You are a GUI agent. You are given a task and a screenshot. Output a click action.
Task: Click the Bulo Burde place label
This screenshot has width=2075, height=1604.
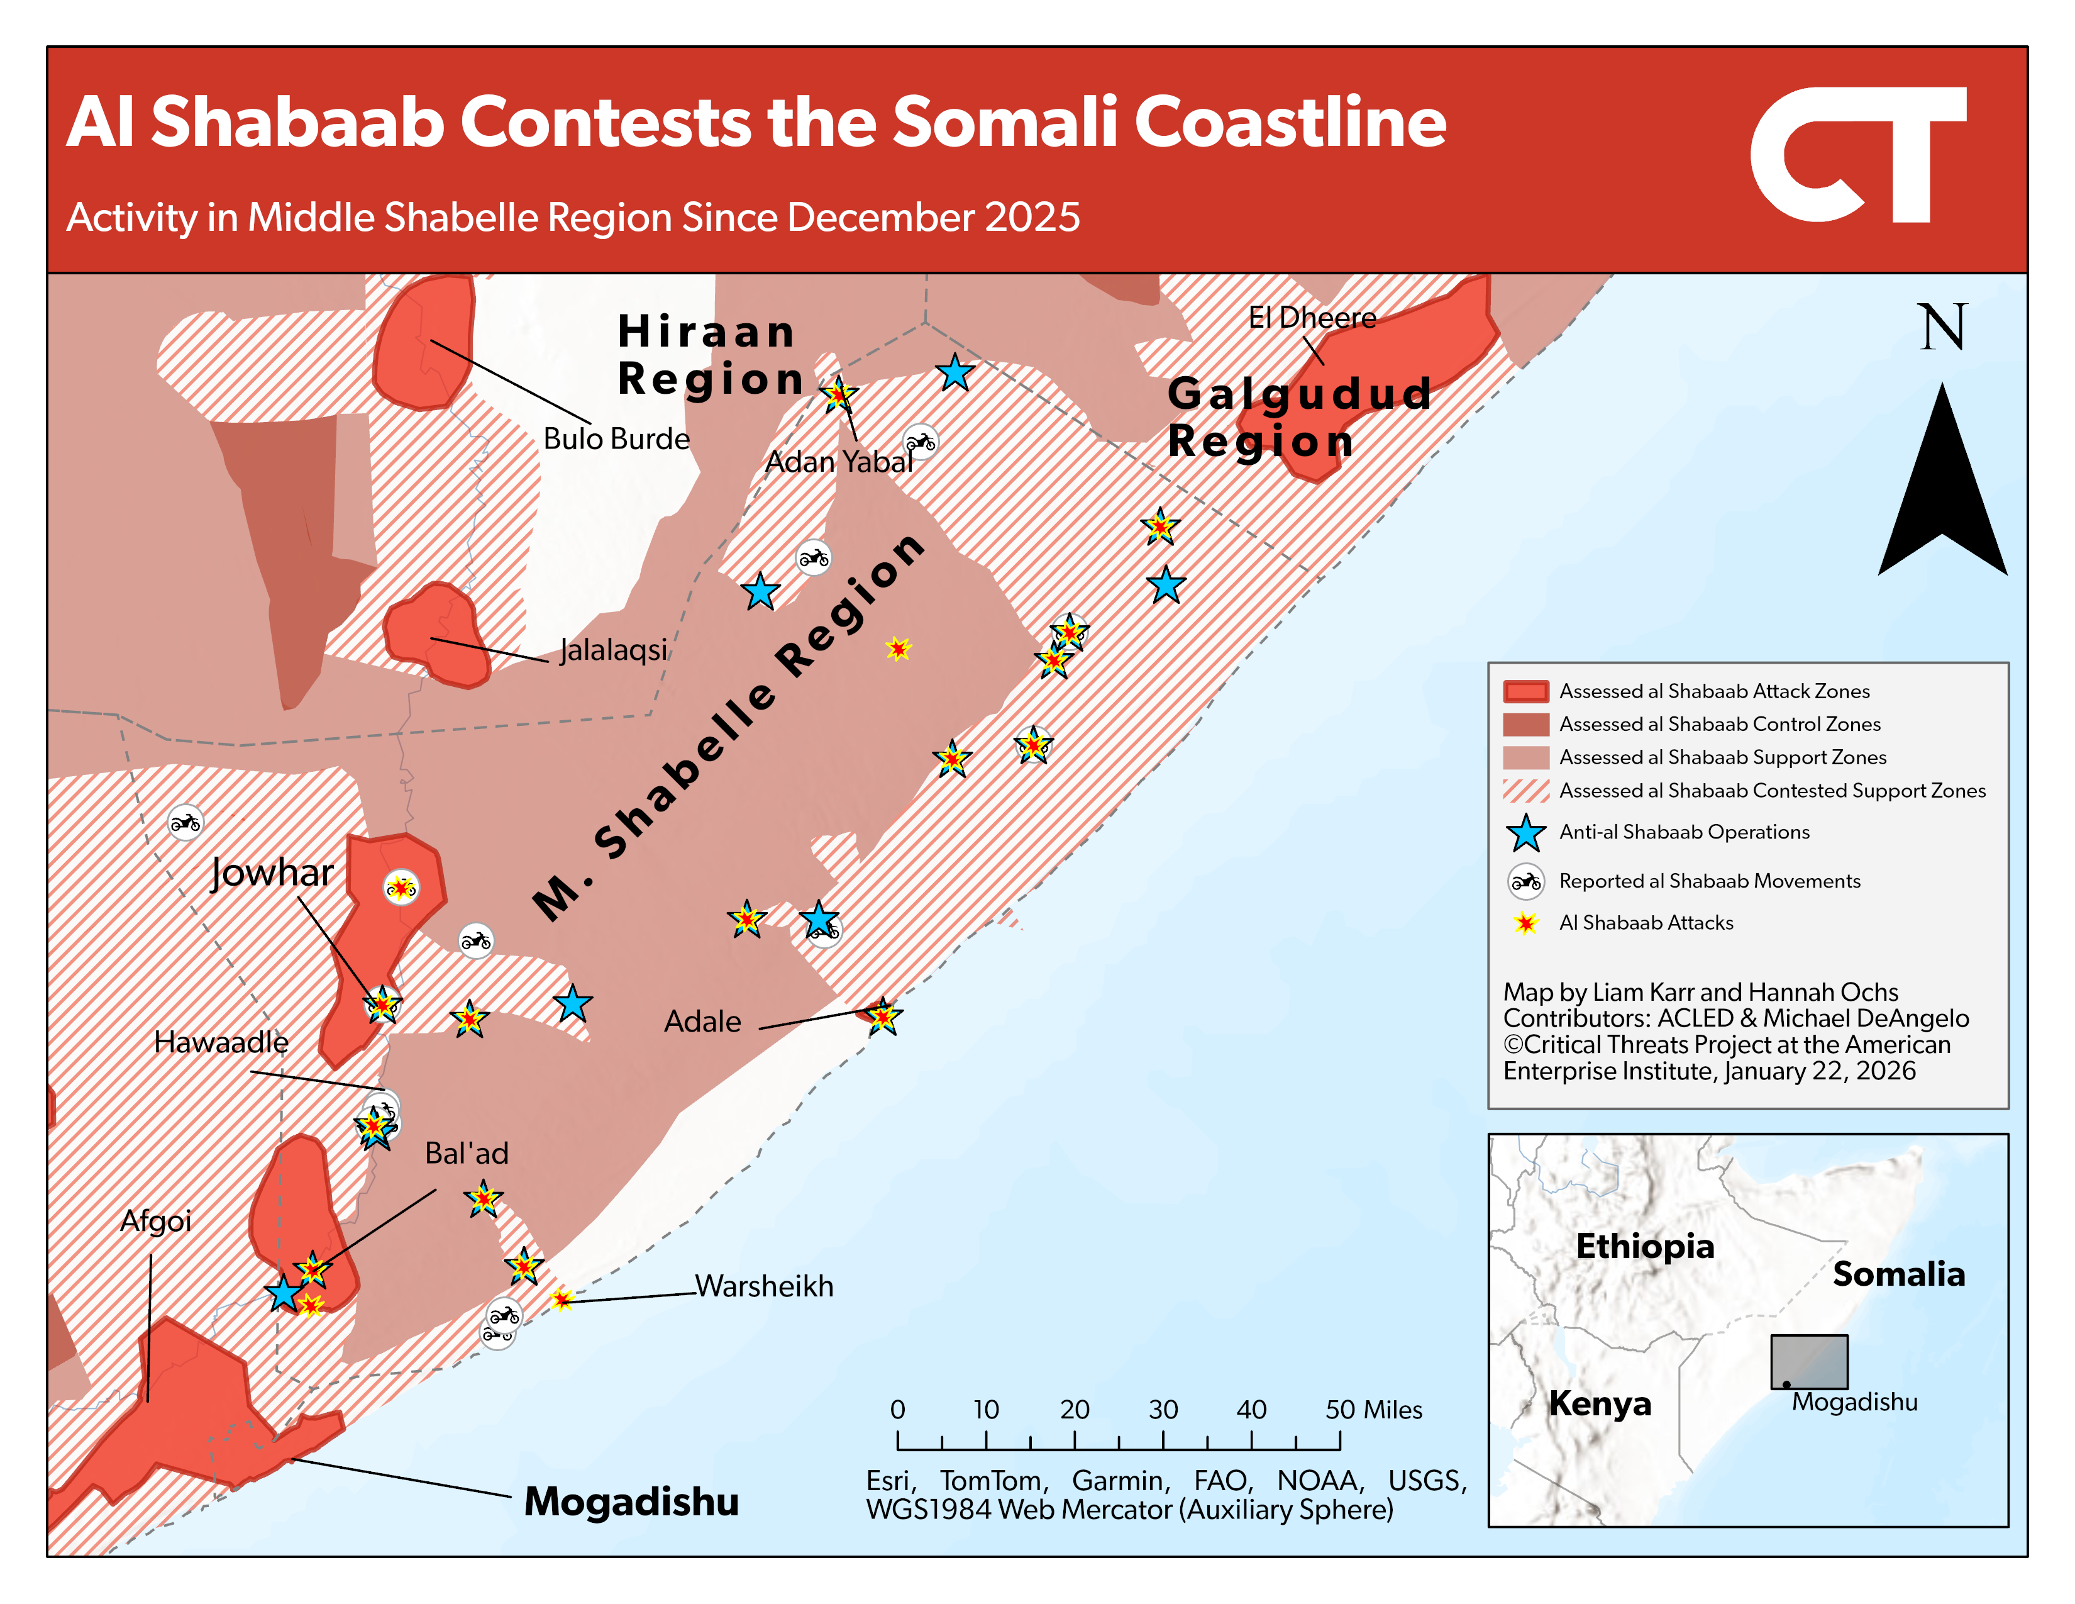click(616, 439)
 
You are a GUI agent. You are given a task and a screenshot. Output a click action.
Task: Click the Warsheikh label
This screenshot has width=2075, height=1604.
click(764, 1286)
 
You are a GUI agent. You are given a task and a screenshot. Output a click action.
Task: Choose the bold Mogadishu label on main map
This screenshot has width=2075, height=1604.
click(631, 1501)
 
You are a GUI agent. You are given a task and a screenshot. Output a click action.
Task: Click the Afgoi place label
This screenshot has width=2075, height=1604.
click(156, 1220)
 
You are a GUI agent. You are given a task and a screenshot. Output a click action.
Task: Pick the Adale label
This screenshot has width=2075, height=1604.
click(702, 1022)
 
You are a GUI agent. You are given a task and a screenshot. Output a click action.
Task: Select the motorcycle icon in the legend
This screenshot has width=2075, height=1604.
click(1526, 882)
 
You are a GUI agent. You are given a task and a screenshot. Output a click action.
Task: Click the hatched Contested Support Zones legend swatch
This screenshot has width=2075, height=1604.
click(1526, 791)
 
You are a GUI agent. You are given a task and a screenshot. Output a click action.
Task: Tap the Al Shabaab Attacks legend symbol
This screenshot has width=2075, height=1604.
click(1526, 923)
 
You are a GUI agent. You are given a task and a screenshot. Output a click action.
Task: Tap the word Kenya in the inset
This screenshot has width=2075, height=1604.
click(1600, 1403)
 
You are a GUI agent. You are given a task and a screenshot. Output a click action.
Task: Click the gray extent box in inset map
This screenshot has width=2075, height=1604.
click(1809, 1361)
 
